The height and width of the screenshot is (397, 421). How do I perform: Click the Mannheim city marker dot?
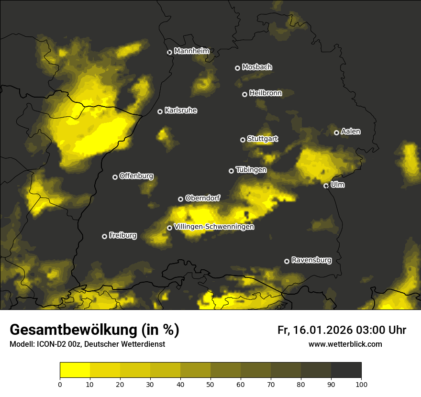pyautogui.click(x=169, y=53)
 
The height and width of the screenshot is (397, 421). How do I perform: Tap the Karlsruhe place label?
pyautogui.click(x=180, y=110)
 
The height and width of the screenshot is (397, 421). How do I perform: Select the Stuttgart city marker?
pyautogui.click(x=243, y=140)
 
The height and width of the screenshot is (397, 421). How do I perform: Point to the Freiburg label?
pyautogui.click(x=122, y=235)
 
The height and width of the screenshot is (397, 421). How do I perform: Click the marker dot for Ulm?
pyautogui.click(x=326, y=186)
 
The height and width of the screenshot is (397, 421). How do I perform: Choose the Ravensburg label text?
pyautogui.click(x=311, y=260)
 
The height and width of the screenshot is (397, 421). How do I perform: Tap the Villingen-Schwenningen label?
pyautogui.click(x=214, y=227)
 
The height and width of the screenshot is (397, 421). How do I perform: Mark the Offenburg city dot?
pyautogui.click(x=115, y=177)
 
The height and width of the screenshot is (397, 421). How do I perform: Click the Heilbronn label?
pyautogui.click(x=265, y=93)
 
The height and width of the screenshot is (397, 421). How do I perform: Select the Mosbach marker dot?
pyautogui.click(x=237, y=68)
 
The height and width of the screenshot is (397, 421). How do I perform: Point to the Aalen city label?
pyautogui.click(x=351, y=132)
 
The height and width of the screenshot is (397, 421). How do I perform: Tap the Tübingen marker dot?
pyautogui.click(x=232, y=171)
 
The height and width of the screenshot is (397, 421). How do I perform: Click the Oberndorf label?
pyautogui.click(x=202, y=198)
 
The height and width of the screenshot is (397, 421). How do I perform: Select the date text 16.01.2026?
pyautogui.click(x=321, y=330)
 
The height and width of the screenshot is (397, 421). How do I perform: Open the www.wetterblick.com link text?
pyautogui.click(x=345, y=344)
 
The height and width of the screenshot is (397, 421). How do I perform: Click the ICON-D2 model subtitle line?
pyautogui.click(x=87, y=344)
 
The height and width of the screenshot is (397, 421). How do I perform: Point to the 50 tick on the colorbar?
pyautogui.click(x=210, y=384)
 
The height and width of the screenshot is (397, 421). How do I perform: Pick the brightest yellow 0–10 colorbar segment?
pyautogui.click(x=75, y=370)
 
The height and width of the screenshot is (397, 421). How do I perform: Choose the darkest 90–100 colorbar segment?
pyautogui.click(x=346, y=370)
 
